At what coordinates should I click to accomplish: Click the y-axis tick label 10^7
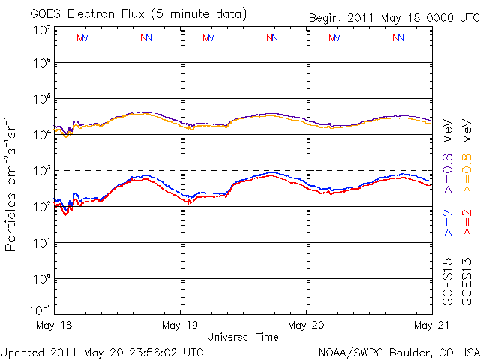[41, 31]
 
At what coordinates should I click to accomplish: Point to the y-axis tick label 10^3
[41, 170]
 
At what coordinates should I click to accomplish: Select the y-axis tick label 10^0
[41, 278]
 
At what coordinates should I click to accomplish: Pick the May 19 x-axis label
[180, 325]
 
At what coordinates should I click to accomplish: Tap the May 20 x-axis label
[306, 325]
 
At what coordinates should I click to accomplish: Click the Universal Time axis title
[242, 337]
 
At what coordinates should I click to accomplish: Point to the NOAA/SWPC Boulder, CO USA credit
[398, 351]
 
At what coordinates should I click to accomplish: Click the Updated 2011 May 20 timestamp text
[102, 351]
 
